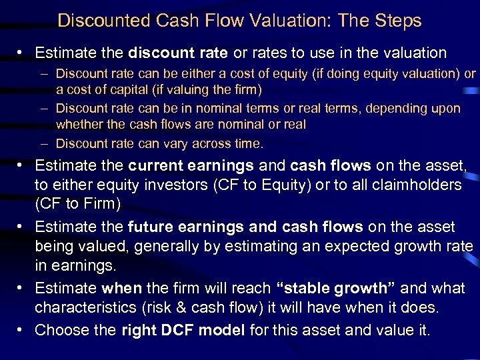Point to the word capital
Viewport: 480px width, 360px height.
point(140,90)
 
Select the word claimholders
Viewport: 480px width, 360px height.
point(417,184)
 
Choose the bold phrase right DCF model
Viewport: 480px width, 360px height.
point(183,330)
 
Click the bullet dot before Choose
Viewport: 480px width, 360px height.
point(21,330)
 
